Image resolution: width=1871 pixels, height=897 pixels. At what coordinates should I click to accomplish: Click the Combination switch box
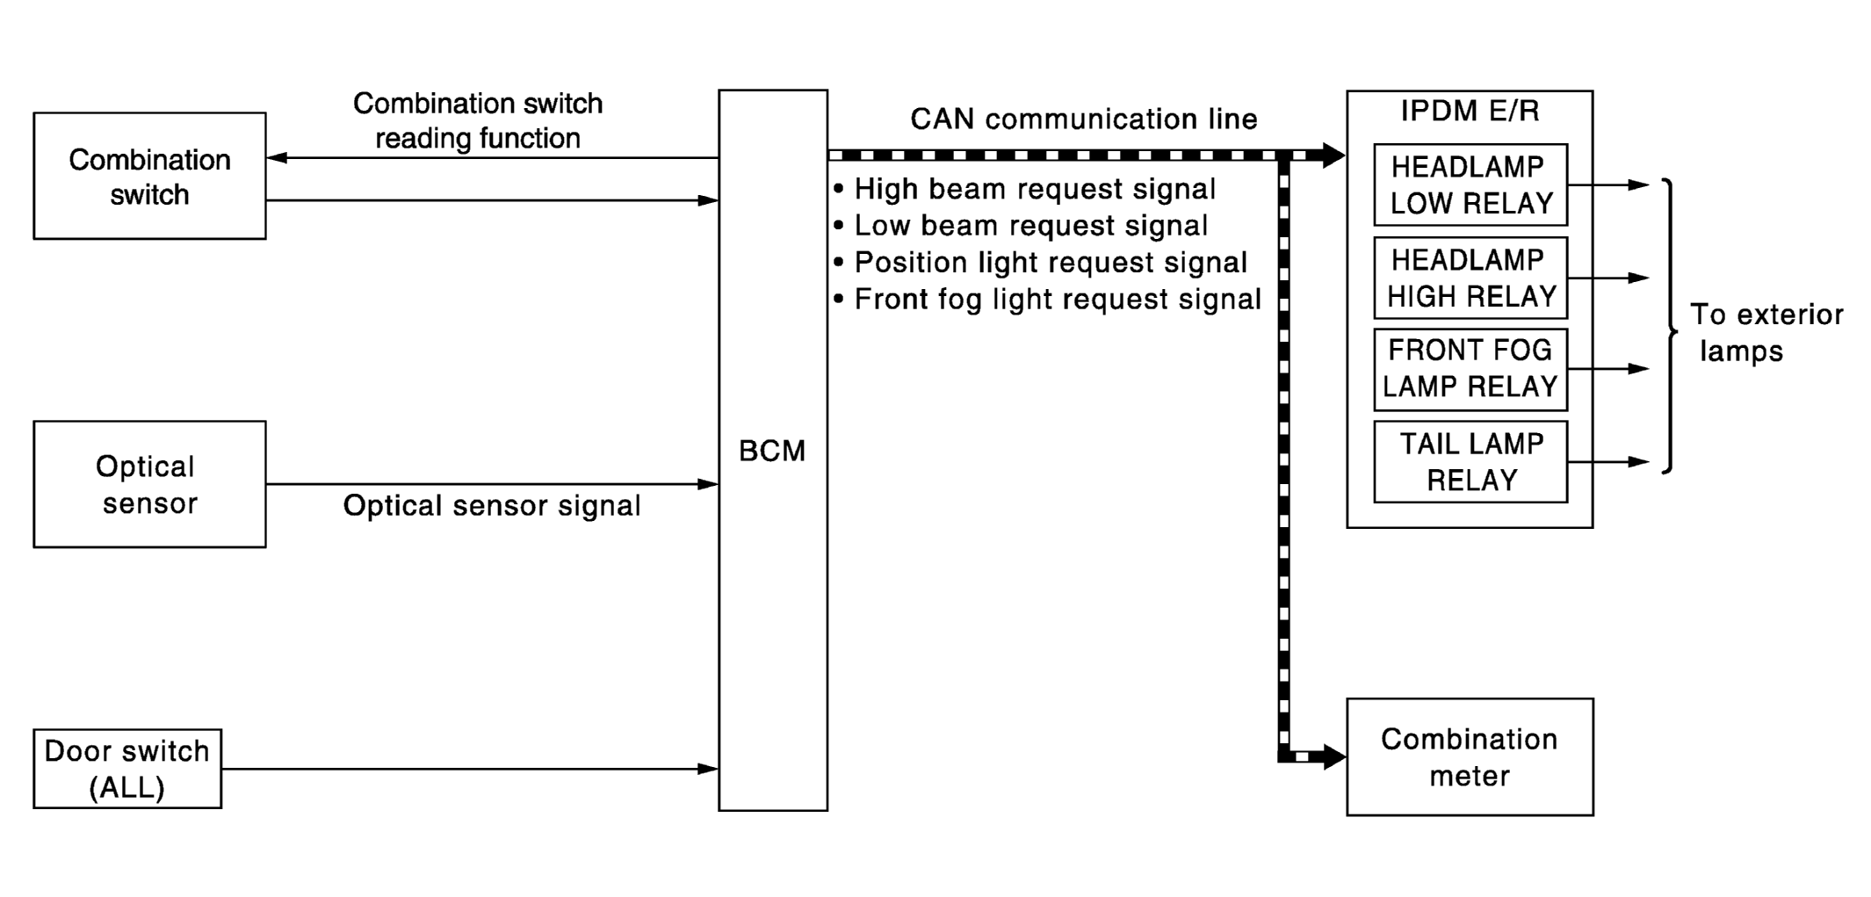pos(149,176)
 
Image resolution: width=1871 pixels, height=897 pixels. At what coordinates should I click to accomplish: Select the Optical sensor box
pos(149,484)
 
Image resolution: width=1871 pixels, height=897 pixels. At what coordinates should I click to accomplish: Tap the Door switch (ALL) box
pos(127,769)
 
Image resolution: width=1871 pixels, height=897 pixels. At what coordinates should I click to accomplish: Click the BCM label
pos(772,451)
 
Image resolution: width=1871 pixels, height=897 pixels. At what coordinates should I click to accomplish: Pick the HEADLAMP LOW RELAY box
pos(1470,184)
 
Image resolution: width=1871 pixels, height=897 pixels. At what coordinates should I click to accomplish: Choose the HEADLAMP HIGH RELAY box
pos(1470,278)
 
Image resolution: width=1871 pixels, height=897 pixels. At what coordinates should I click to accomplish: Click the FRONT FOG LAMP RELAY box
pos(1470,369)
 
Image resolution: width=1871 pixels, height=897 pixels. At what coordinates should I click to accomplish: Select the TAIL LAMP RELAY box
pos(1470,462)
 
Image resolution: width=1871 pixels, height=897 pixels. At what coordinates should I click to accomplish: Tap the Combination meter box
pos(1470,757)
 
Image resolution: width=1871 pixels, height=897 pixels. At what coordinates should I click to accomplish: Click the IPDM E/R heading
pos(1470,111)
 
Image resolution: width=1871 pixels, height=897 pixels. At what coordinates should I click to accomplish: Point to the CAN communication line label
pos(1084,119)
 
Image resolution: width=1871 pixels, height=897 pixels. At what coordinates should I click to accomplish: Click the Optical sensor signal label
pos(492,506)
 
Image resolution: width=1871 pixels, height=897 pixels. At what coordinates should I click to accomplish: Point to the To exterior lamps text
pos(1766,333)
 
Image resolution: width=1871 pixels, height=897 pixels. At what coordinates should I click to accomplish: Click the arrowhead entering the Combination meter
pos(1333,756)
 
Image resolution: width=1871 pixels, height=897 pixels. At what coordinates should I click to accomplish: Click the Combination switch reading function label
pos(478,120)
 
